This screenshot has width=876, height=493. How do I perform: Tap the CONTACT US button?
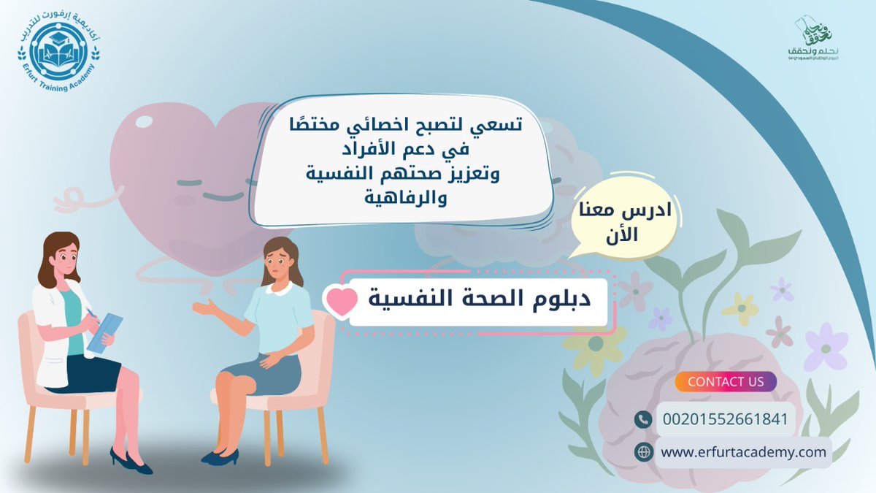click(725, 381)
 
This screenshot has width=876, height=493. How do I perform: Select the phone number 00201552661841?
click(725, 419)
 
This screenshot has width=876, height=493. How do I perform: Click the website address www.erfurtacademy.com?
click(743, 452)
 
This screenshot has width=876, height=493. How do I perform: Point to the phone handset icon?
click(643, 419)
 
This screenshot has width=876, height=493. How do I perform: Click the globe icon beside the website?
click(643, 452)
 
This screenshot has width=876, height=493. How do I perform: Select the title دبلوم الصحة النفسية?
click(479, 300)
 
